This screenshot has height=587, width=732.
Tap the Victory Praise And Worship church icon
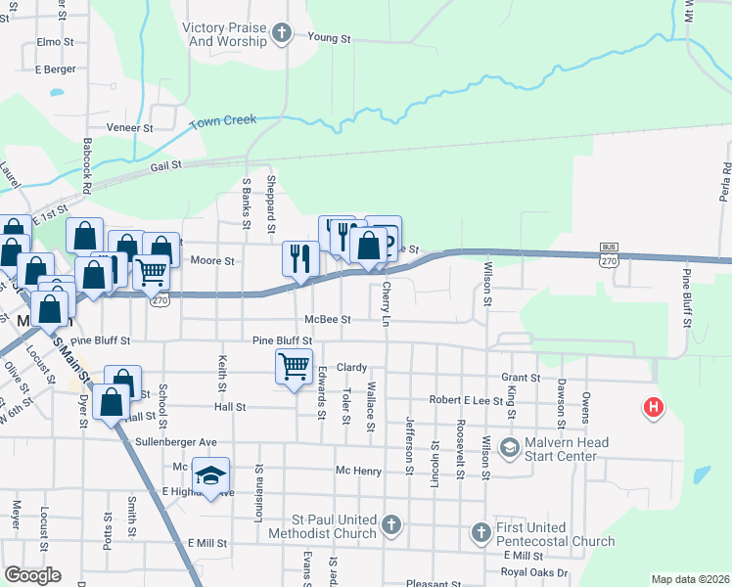pyautogui.click(x=282, y=35)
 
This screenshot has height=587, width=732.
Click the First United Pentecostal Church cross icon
pyautogui.click(x=480, y=532)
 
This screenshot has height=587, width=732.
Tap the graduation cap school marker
pyautogui.click(x=210, y=475)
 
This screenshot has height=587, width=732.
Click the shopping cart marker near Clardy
pyautogui.click(x=294, y=367)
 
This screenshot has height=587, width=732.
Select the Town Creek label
pyautogui.click(x=222, y=120)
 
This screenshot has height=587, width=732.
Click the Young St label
pyautogui.click(x=329, y=38)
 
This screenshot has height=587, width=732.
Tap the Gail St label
pyautogui.click(x=166, y=166)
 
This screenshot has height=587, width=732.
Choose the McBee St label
pyautogui.click(x=327, y=319)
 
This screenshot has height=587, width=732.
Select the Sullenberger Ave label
pyautogui.click(x=175, y=442)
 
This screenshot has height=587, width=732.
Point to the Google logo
pyautogui.click(x=32, y=575)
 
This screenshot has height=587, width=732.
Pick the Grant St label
pyautogui.click(x=521, y=378)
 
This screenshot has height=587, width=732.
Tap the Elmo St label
pyautogui.click(x=55, y=43)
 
